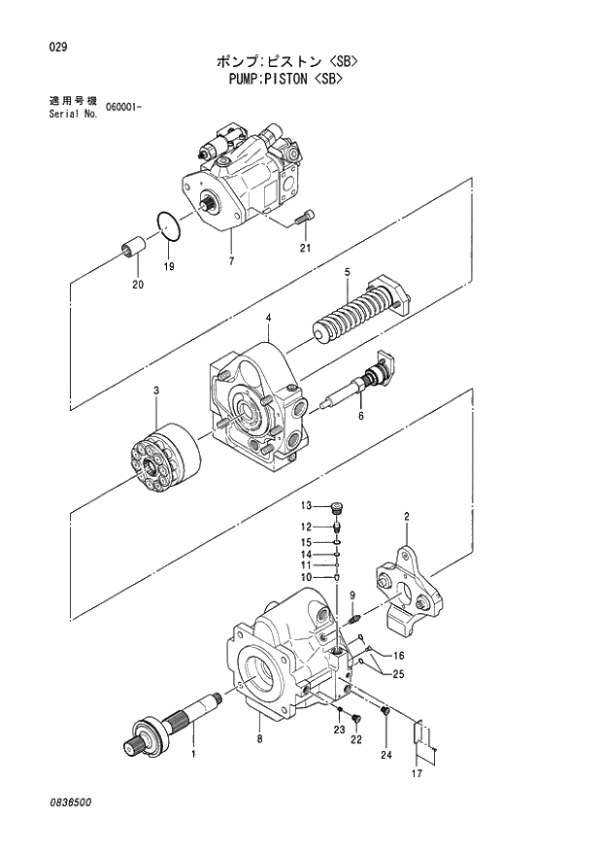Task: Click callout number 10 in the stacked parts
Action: pos(304,577)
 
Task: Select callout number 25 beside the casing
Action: pos(399,672)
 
